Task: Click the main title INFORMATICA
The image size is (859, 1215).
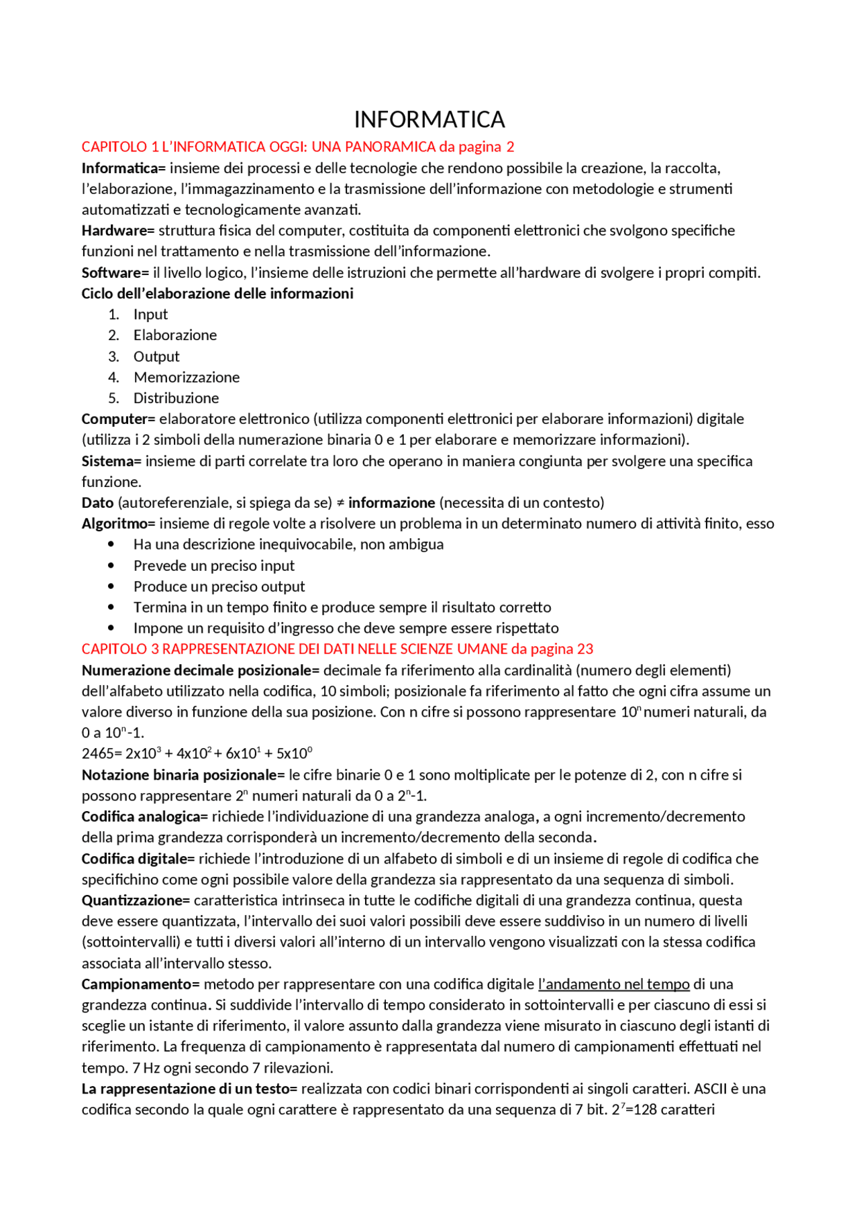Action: pyautogui.click(x=429, y=119)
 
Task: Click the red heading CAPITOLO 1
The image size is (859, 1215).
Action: pyautogui.click(x=297, y=146)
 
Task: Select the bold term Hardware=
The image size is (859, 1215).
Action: pyautogui.click(x=118, y=231)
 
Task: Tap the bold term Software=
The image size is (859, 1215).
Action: pyautogui.click(x=115, y=273)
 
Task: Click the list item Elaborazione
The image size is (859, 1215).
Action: pyautogui.click(x=174, y=335)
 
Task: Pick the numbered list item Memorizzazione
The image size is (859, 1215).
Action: pyautogui.click(x=186, y=377)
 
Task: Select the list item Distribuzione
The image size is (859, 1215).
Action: pyautogui.click(x=176, y=398)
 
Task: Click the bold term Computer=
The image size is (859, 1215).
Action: pyautogui.click(x=118, y=419)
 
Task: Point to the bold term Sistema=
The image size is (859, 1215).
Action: pyautogui.click(x=111, y=462)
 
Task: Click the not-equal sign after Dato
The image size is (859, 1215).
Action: pyautogui.click(x=340, y=503)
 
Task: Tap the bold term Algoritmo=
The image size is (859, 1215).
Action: pyautogui.click(x=118, y=524)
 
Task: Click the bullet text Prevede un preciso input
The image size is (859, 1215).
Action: pyautogui.click(x=213, y=566)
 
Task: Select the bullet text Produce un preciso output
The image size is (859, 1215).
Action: pyautogui.click(x=219, y=586)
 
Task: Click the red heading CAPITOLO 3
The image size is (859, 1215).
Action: pyautogui.click(x=337, y=649)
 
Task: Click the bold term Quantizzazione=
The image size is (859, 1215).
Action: pyautogui.click(x=136, y=900)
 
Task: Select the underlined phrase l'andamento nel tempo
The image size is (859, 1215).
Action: pyautogui.click(x=613, y=984)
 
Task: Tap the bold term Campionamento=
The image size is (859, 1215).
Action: pyautogui.click(x=140, y=984)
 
